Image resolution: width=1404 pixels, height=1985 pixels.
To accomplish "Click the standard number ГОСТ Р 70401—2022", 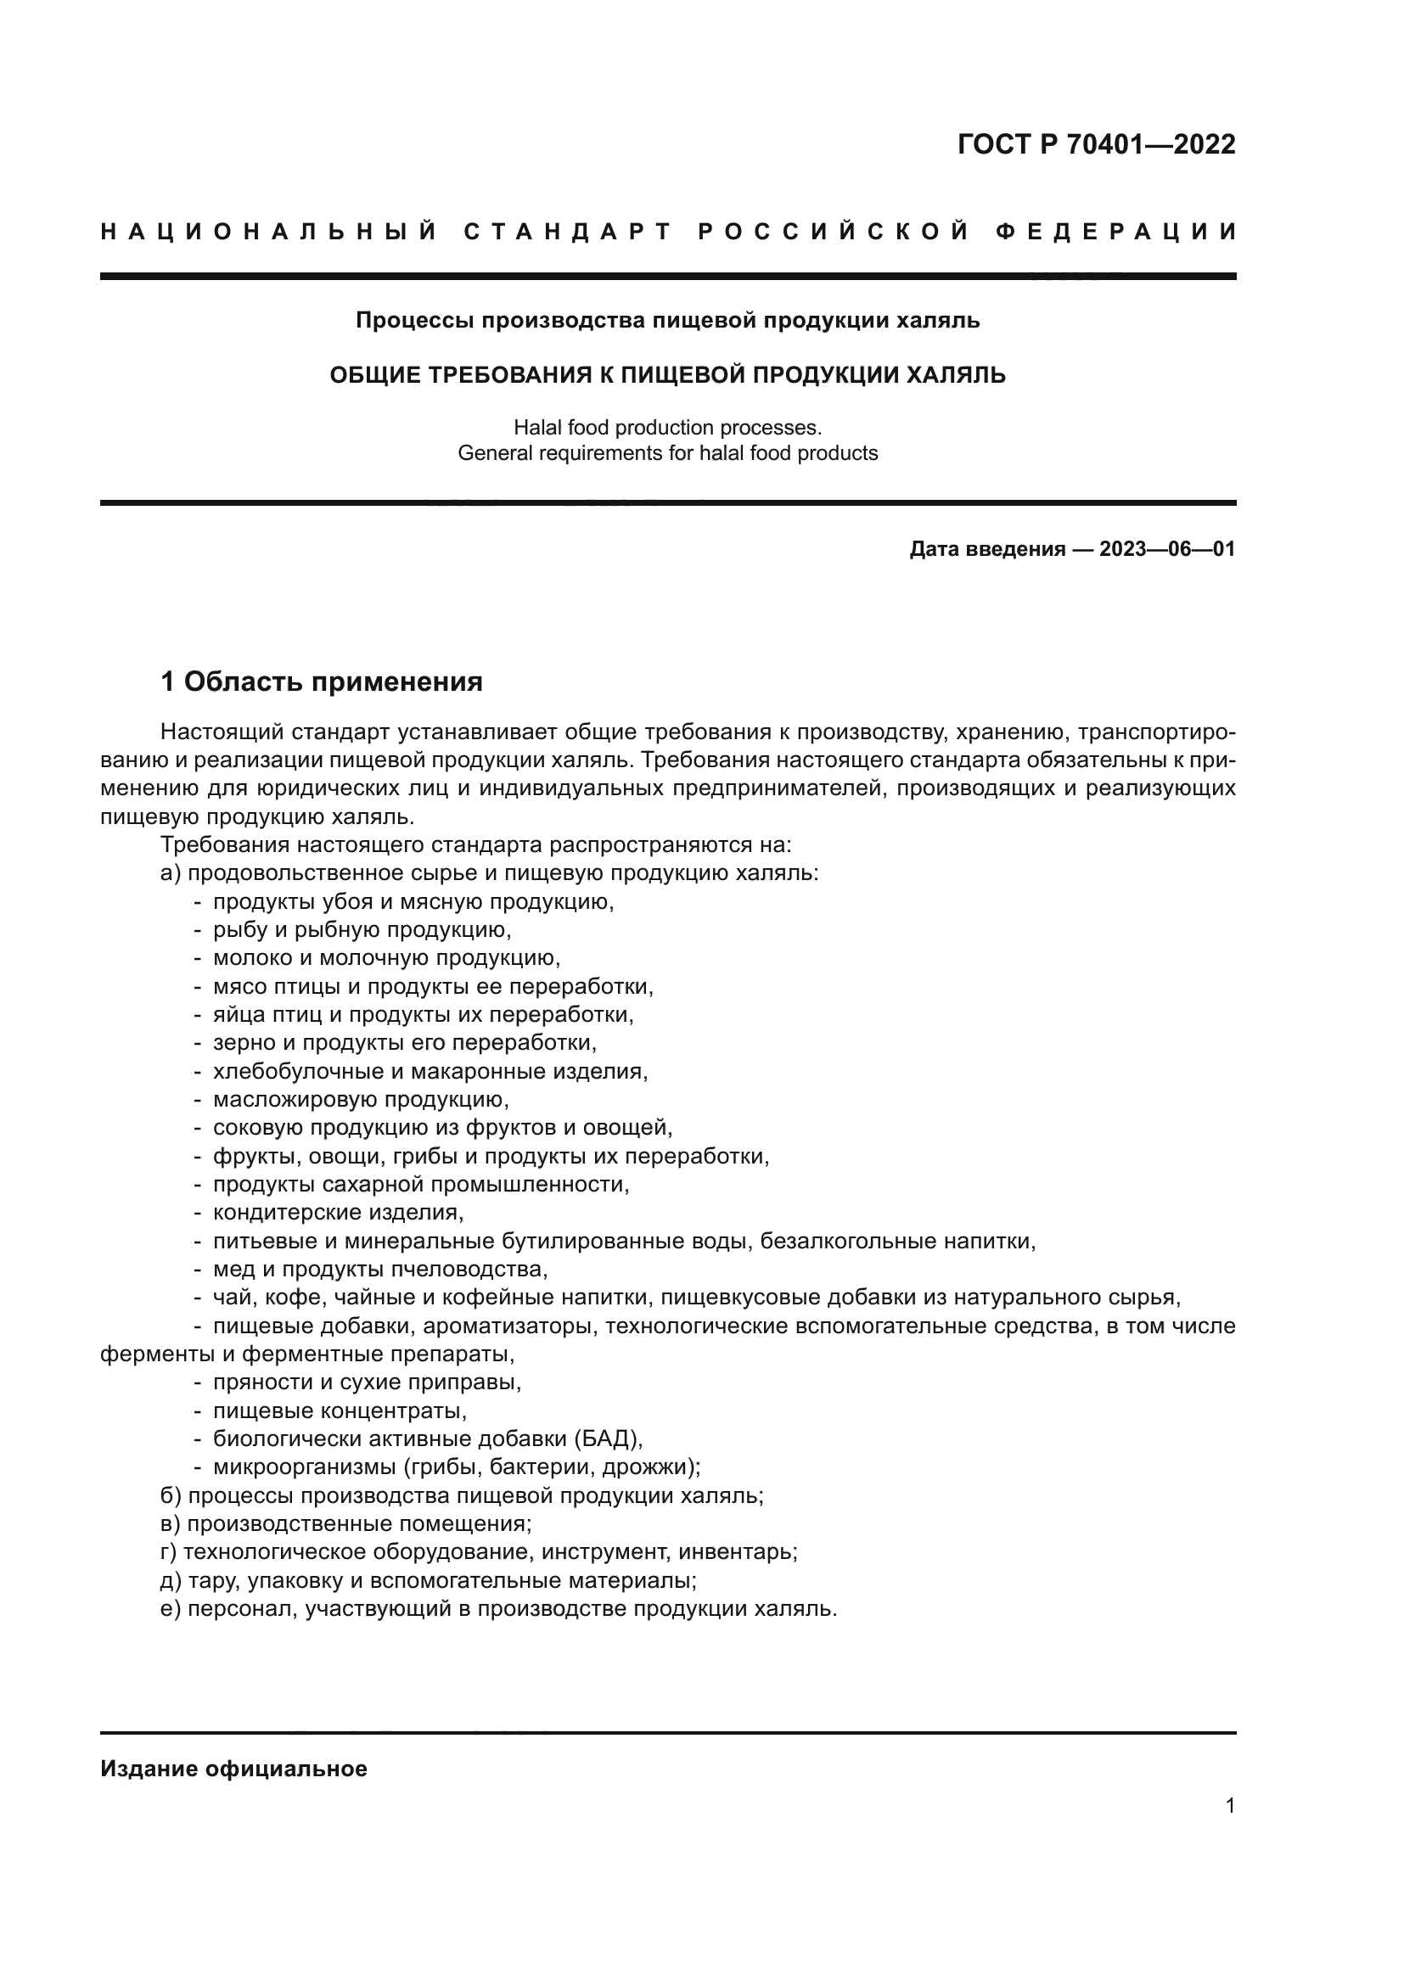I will [x=1096, y=144].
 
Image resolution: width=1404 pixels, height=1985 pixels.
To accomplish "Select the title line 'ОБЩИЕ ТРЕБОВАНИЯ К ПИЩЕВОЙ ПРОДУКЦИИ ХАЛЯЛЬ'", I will [x=667, y=375].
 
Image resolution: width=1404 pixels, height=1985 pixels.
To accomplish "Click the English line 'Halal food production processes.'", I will [x=667, y=427].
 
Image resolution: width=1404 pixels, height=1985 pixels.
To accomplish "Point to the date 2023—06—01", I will [x=1167, y=549].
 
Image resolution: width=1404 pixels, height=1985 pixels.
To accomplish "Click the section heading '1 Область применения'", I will [x=322, y=682].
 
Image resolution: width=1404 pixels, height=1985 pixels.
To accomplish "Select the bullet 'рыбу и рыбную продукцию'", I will [x=362, y=930].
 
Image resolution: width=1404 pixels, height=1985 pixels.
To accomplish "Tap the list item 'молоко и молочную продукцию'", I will [x=386, y=958].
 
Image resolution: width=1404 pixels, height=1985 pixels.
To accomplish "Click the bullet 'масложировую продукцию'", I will [x=361, y=1100].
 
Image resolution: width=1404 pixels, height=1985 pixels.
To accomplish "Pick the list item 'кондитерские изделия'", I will [x=338, y=1213].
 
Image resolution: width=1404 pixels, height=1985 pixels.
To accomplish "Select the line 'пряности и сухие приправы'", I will [x=367, y=1382].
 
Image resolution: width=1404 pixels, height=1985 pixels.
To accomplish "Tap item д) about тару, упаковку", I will [x=429, y=1580].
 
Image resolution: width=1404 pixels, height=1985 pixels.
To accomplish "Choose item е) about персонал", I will [x=499, y=1609].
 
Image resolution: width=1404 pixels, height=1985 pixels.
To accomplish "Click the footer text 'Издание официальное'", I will [x=234, y=1769].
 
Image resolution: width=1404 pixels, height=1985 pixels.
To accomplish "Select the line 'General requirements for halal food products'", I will [x=667, y=453].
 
